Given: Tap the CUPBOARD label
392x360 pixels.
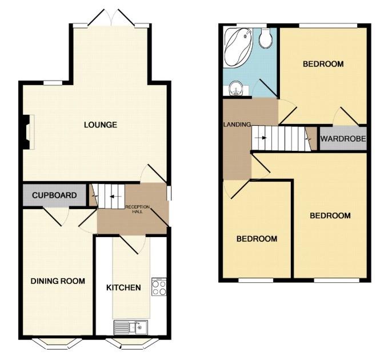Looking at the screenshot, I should [x=54, y=195].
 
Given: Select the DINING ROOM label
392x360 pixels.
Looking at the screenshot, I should [x=58, y=281].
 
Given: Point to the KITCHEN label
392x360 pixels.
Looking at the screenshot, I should [x=123, y=287].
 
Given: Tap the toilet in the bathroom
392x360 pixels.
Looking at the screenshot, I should [x=265, y=38].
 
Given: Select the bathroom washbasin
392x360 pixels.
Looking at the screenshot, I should [x=236, y=89].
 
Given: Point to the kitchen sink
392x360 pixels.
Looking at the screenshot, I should [x=131, y=327].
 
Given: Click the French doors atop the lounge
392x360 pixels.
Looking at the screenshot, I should [x=111, y=17].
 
